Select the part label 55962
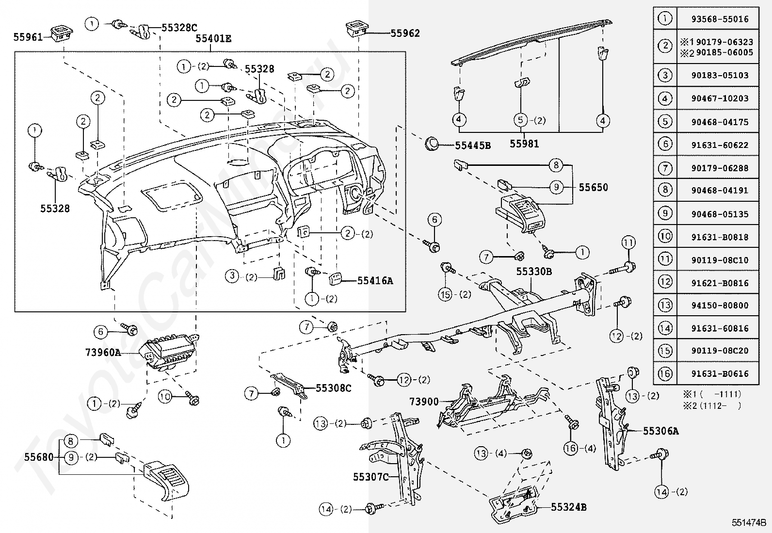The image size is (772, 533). [405, 33]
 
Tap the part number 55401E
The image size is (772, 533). [213, 39]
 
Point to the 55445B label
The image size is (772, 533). [472, 145]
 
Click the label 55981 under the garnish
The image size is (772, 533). [524, 144]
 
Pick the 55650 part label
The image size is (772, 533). [593, 187]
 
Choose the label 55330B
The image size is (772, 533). [533, 272]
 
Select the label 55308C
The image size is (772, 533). [333, 388]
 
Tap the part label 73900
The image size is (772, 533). [424, 402]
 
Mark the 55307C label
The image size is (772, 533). [370, 477]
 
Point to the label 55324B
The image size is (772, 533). [569, 507]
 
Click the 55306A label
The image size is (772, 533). [660, 431]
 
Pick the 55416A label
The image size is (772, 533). [375, 280]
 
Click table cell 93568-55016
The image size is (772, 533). [720, 19]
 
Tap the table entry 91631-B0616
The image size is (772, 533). [720, 374]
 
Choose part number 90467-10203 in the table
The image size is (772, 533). [720, 98]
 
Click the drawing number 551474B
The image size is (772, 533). [749, 523]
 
